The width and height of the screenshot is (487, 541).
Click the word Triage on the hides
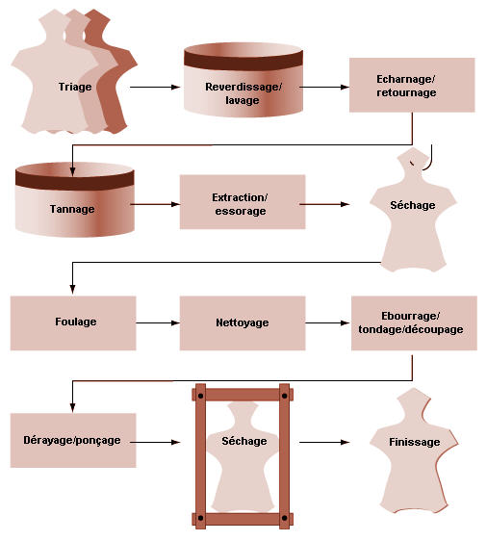(75, 87)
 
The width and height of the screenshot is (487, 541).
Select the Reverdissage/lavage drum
(243, 80)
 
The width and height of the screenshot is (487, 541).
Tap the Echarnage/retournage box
(412, 85)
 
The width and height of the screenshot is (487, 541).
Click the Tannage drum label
(72, 209)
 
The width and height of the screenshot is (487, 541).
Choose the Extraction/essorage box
(243, 202)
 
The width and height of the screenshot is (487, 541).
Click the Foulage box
(73, 322)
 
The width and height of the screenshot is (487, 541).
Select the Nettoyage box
(243, 322)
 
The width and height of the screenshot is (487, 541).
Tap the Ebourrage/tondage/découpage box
(414, 322)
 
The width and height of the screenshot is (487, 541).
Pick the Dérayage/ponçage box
(73, 440)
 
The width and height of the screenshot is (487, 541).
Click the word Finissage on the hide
(415, 442)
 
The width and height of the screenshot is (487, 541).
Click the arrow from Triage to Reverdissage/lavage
(155, 87)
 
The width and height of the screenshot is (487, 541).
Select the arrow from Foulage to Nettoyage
(158, 322)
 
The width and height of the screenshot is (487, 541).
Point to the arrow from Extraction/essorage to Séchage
(324, 204)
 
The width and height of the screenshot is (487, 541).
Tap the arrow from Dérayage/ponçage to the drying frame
(155, 442)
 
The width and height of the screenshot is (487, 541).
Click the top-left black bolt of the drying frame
(201, 396)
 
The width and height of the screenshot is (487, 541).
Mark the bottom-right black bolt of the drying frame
(284, 518)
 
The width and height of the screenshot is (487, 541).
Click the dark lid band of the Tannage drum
(74, 181)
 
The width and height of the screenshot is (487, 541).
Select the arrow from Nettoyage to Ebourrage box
(327, 322)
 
